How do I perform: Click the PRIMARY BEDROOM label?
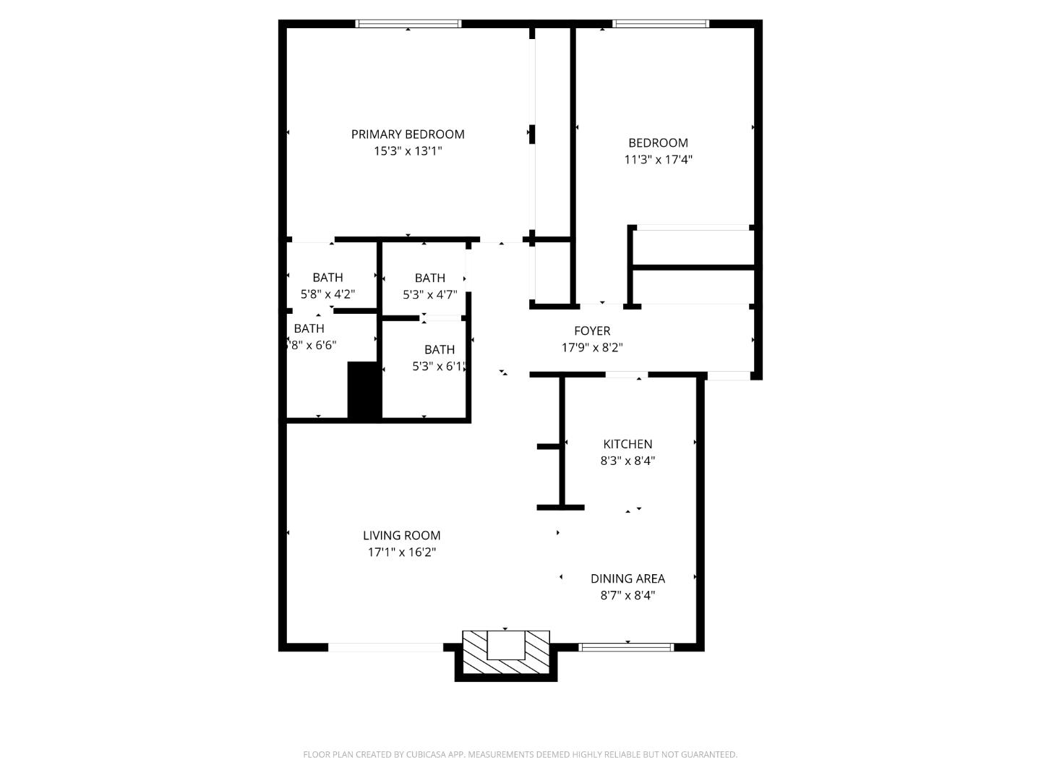(x=408, y=135)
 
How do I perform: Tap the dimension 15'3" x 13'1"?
(x=408, y=151)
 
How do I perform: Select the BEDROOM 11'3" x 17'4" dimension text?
(x=658, y=160)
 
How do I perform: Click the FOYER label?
(x=592, y=331)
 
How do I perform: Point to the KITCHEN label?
(x=627, y=444)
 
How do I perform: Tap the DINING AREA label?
(x=627, y=579)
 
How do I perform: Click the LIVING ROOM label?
(x=401, y=536)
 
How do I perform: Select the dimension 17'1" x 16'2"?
(x=401, y=552)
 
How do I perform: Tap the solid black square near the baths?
(x=364, y=390)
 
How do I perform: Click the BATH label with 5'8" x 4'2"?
(x=327, y=278)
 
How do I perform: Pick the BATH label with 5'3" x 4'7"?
(x=429, y=278)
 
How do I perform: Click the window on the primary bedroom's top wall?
(x=408, y=24)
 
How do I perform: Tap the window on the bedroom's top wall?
(x=660, y=24)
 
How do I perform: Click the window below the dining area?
(x=627, y=647)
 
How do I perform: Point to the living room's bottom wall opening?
(x=385, y=647)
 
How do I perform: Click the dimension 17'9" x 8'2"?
(x=592, y=348)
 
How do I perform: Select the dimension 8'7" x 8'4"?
(x=627, y=596)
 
